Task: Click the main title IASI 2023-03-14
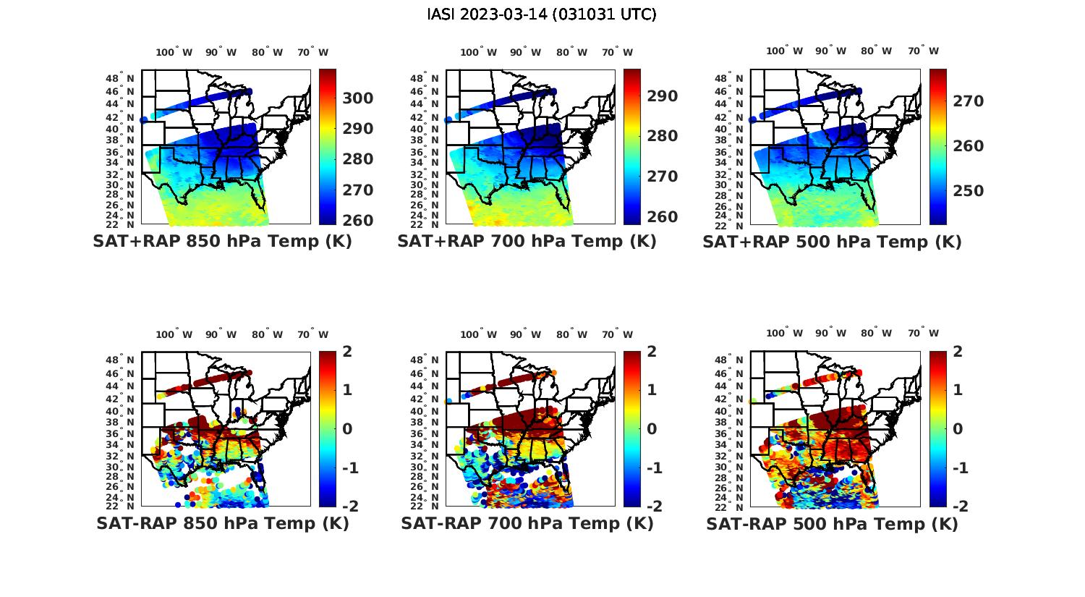[x=542, y=14]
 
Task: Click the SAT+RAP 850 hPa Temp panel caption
[x=222, y=242]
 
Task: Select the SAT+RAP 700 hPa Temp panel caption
[x=527, y=242]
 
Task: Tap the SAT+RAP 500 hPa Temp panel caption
[x=832, y=242]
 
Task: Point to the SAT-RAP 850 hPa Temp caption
[x=222, y=523]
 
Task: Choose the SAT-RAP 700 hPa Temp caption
[x=527, y=523]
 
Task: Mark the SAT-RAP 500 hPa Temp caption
[x=832, y=523]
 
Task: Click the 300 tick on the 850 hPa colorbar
[x=357, y=98]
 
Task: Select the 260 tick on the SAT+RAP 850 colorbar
[x=357, y=221]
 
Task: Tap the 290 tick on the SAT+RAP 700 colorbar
[x=662, y=96]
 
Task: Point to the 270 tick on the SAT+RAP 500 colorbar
[x=968, y=101]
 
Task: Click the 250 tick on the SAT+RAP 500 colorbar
[x=968, y=191]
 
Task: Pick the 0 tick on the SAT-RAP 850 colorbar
[x=347, y=429]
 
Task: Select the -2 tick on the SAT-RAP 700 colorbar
[x=653, y=506]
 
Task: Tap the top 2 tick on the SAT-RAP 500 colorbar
[x=958, y=352]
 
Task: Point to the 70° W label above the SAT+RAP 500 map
[x=923, y=51]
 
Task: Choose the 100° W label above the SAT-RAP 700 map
[x=478, y=334]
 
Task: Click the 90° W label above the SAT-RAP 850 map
[x=221, y=334]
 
